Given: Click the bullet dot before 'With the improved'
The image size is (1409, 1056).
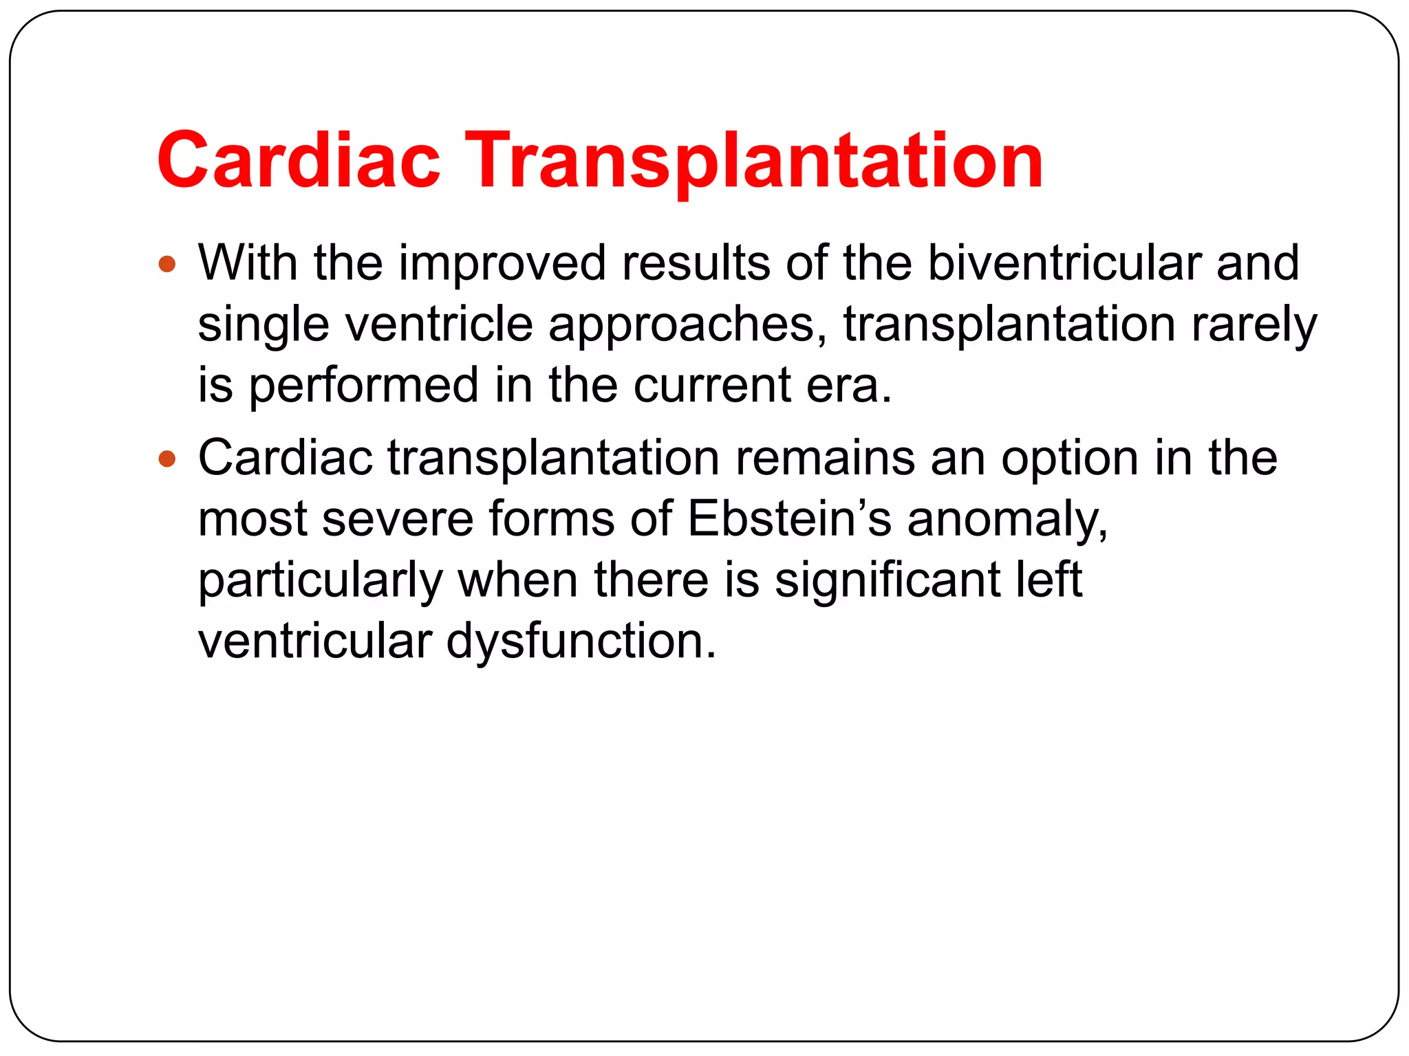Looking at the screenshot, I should click(x=167, y=264).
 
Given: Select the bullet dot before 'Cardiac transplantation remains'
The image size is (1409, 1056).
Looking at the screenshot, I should click(x=167, y=459).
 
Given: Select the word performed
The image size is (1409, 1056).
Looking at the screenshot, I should click(x=363, y=385).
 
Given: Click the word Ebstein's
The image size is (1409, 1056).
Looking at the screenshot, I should click(x=789, y=518).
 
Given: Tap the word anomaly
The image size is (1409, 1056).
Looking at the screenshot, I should click(x=1007, y=520).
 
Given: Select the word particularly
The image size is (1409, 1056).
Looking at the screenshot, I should click(x=320, y=580).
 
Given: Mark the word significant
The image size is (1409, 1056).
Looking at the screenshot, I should click(x=888, y=580).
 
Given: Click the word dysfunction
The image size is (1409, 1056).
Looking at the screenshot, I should click(x=581, y=641).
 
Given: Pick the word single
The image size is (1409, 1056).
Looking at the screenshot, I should click(x=263, y=324).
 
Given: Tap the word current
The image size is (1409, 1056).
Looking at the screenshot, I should click(x=711, y=385).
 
